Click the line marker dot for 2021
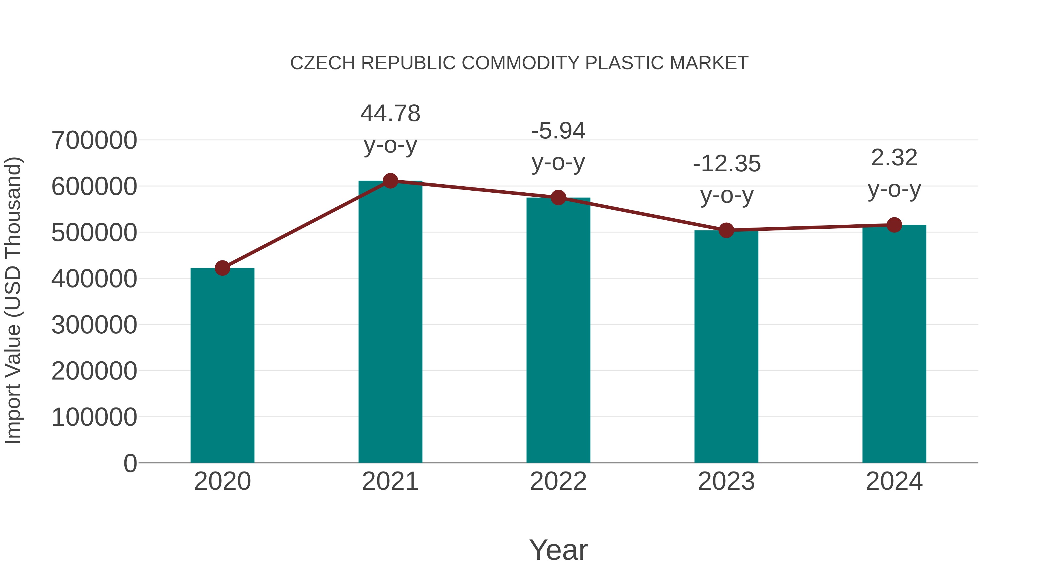[x=390, y=181]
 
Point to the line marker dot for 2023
[x=726, y=230]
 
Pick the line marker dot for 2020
[x=222, y=268]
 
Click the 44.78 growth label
[x=390, y=113]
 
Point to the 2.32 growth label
[x=894, y=157]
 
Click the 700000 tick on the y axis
[x=94, y=141]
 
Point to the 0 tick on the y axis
[x=130, y=463]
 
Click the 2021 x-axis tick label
[x=390, y=481]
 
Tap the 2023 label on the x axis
[x=726, y=481]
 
